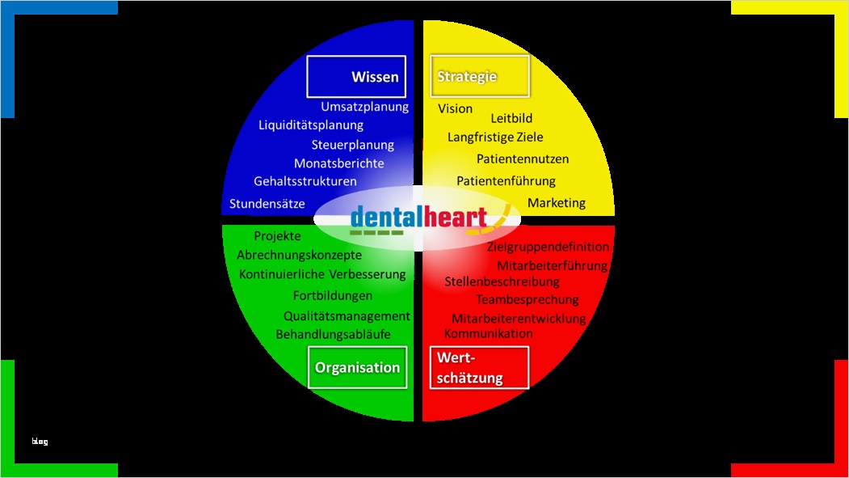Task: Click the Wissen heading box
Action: coord(355,77)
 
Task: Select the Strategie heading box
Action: coord(480,77)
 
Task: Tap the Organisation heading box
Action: coord(357,368)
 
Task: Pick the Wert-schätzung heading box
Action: coord(480,368)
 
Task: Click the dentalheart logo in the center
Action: coord(420,218)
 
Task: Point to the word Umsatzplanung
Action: coord(364,107)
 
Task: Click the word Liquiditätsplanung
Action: coord(311,125)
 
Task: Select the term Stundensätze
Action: coord(267,204)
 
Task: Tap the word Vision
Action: coord(456,108)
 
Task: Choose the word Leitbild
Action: coord(511,118)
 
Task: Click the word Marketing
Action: coord(557,203)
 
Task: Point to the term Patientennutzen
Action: coord(523,159)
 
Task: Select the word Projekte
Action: coord(277,236)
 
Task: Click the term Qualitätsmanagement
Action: coord(347,316)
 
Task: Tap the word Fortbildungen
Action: coord(333,296)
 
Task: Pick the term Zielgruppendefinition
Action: coord(548,247)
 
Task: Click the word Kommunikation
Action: coord(489,333)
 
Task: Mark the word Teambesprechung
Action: coord(527,300)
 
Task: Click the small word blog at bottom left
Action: coord(40,442)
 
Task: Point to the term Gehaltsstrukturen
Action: coord(305,181)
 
